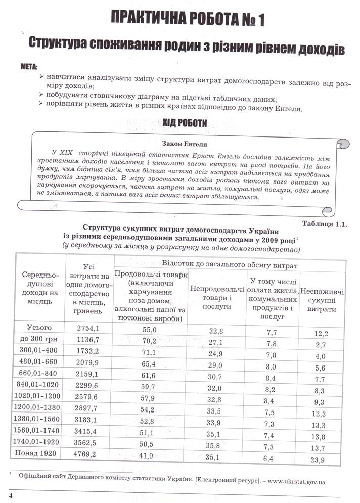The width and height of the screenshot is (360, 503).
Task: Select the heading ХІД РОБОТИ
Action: click(x=184, y=123)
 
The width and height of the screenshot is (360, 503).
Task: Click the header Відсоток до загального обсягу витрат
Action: click(x=229, y=265)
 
